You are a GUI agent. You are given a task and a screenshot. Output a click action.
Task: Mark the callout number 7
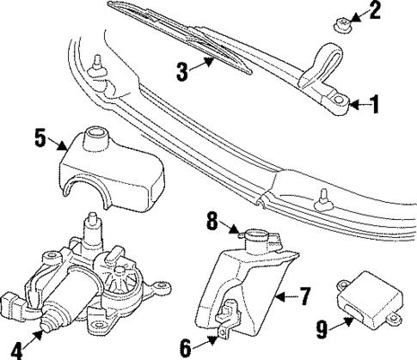click(x=304, y=297)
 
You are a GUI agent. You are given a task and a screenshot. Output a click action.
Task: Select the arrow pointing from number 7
click(x=285, y=298)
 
